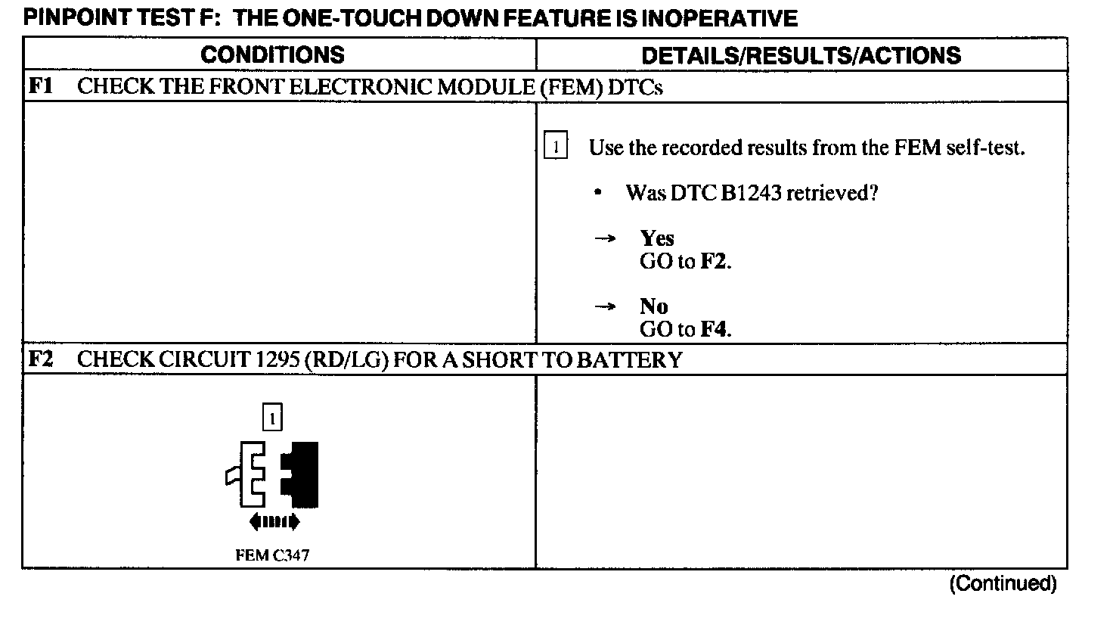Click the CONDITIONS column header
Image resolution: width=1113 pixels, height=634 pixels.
[x=272, y=54]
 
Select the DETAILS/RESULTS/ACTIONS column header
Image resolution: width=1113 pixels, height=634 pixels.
[x=801, y=55]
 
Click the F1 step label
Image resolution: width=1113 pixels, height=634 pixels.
[x=40, y=86]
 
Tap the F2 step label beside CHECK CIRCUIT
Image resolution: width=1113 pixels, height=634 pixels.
[x=40, y=359]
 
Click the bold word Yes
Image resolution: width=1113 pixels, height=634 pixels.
[x=656, y=238]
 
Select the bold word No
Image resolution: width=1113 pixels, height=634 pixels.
[x=653, y=306]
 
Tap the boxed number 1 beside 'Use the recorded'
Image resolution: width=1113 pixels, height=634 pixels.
[x=556, y=147]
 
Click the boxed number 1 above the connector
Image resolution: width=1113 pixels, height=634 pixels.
[x=272, y=417]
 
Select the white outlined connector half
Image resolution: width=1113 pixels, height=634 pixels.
[x=247, y=475]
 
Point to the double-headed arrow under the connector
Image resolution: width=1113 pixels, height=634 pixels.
[x=274, y=521]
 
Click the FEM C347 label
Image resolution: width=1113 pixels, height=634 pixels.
[x=272, y=555]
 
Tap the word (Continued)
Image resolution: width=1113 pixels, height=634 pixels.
[x=1003, y=583]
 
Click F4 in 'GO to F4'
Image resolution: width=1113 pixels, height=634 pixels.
[x=715, y=329]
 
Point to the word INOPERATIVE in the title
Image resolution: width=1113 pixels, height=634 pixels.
[x=719, y=18]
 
